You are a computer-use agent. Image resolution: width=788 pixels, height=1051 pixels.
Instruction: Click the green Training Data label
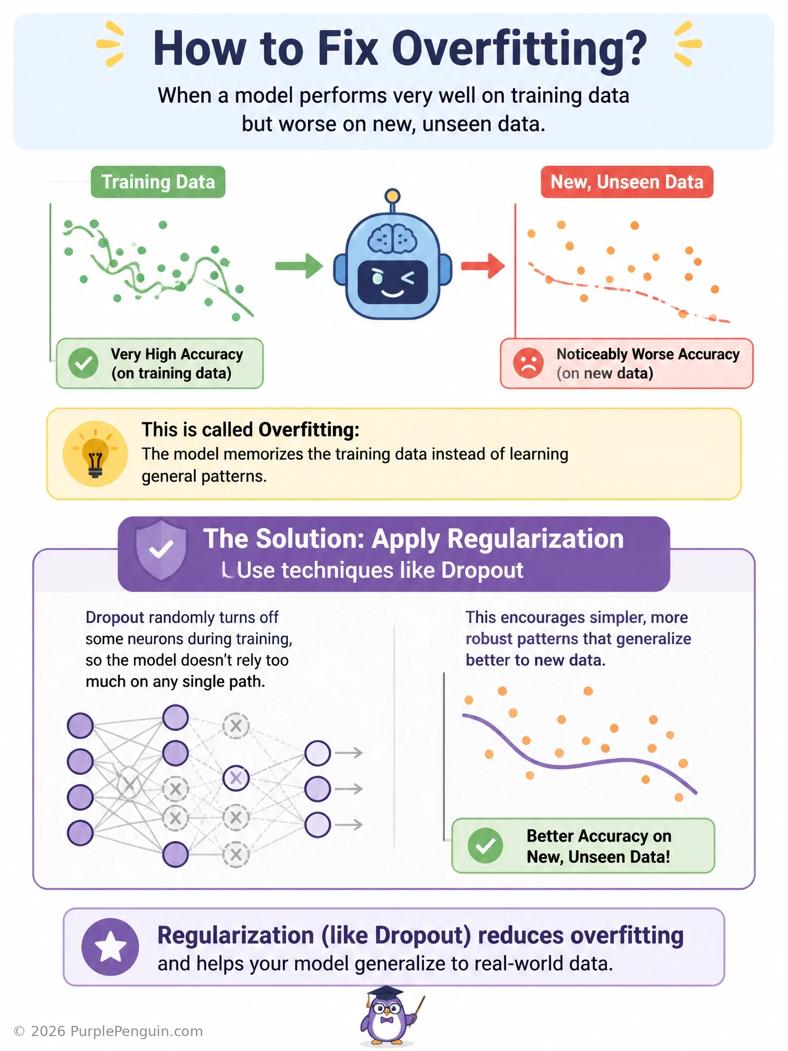pyautogui.click(x=158, y=182)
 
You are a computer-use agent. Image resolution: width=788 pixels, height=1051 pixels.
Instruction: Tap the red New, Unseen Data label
pyautogui.click(x=627, y=182)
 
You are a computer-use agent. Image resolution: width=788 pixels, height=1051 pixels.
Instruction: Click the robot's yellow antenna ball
pyautogui.click(x=392, y=196)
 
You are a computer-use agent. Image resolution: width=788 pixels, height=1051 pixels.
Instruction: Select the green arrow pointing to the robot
pyautogui.click(x=299, y=265)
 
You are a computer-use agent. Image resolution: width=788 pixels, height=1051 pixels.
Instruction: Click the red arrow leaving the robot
pyautogui.click(x=483, y=265)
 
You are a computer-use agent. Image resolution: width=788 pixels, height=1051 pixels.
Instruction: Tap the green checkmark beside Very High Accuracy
pyautogui.click(x=83, y=363)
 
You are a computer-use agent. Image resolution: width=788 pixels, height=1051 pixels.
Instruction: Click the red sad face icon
pyautogui.click(x=528, y=363)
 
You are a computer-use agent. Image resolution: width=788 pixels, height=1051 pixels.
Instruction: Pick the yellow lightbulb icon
pyautogui.click(x=95, y=454)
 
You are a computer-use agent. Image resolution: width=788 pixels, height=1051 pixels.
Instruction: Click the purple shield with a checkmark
pyautogui.click(x=161, y=550)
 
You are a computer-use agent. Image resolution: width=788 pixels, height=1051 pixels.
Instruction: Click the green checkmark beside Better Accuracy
pyautogui.click(x=485, y=846)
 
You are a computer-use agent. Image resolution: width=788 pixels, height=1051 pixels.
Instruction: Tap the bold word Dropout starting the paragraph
pyautogui.click(x=115, y=617)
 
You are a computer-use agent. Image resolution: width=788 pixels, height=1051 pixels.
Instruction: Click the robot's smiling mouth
pyautogui.click(x=392, y=293)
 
